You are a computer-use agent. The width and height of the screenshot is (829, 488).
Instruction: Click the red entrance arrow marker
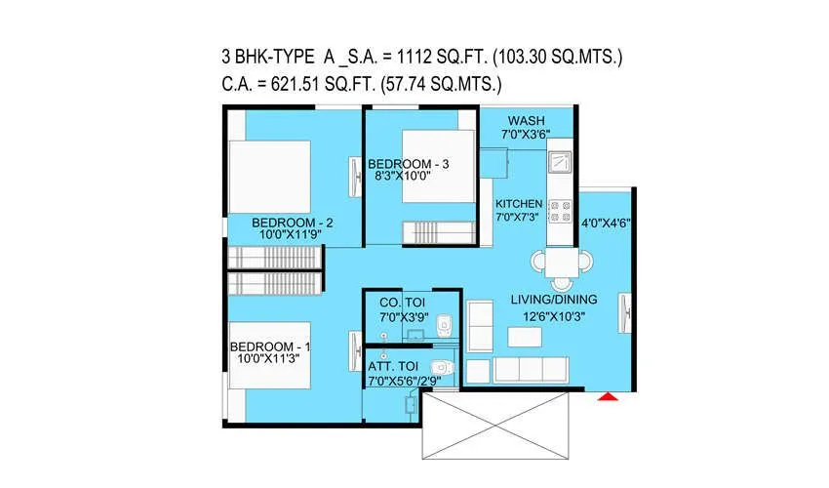click(608, 396)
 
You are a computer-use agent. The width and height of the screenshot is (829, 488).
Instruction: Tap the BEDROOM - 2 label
click(293, 222)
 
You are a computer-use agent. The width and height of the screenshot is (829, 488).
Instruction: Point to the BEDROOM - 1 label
click(270, 347)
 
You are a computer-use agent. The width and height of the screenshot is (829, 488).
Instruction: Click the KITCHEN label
click(518, 203)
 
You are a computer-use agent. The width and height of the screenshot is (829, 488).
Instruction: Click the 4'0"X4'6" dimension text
click(606, 223)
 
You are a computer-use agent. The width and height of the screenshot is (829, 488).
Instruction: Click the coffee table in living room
click(527, 336)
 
